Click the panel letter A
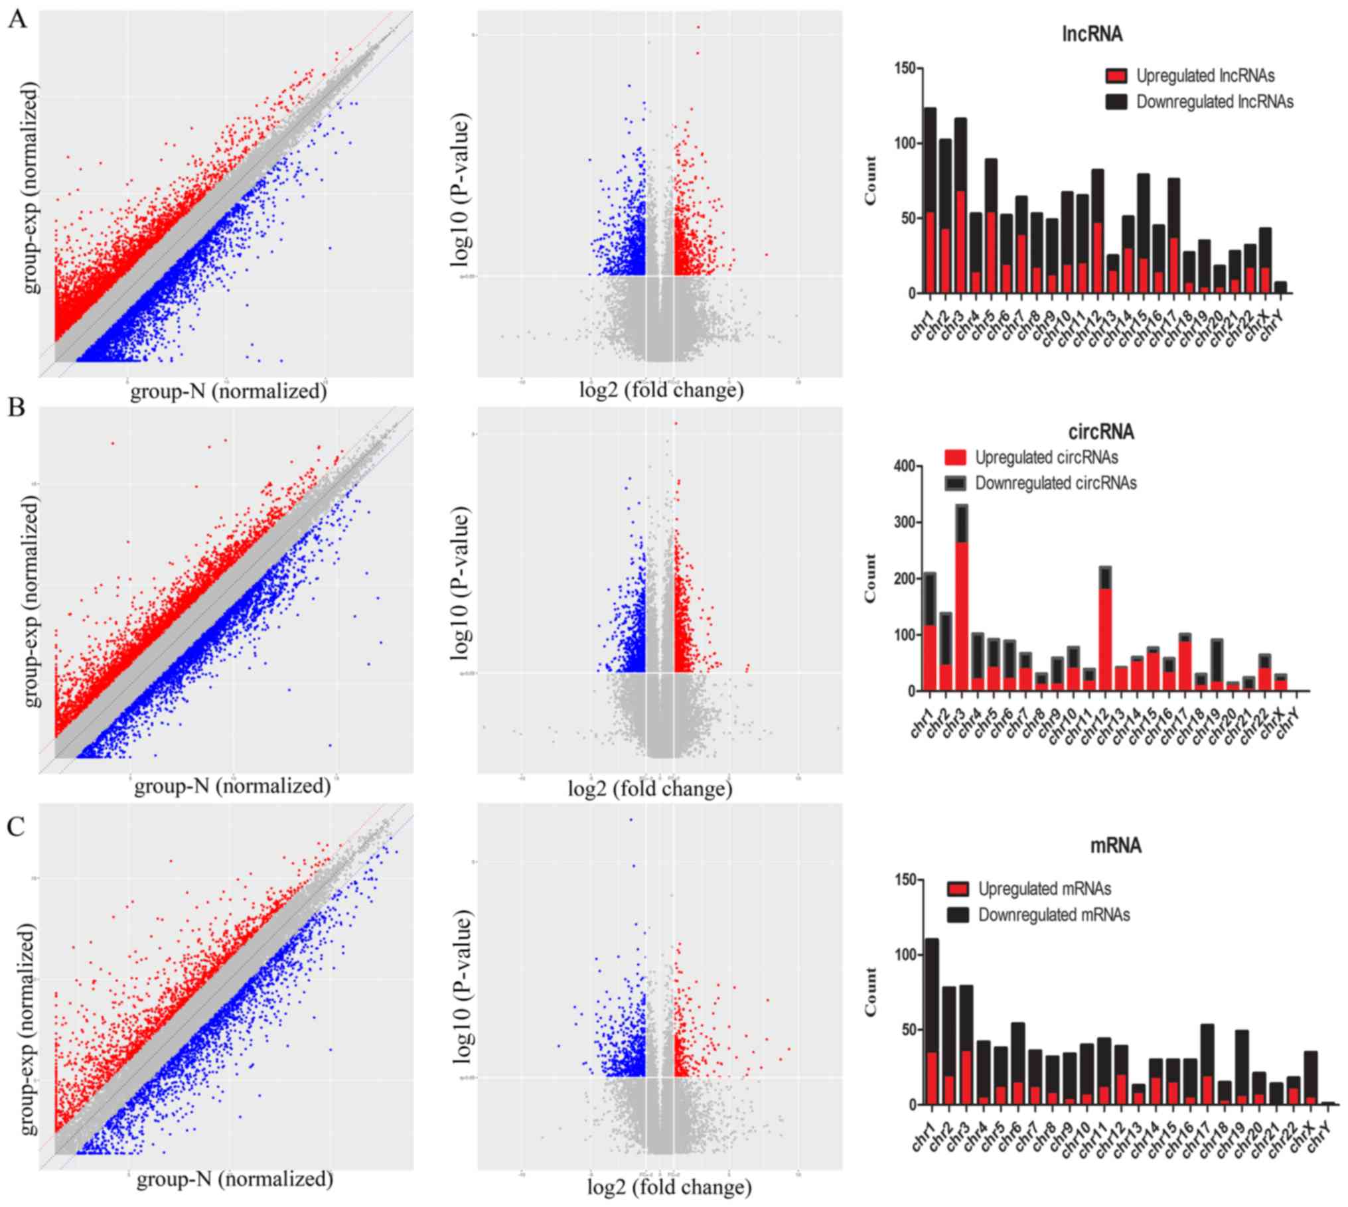(17, 20)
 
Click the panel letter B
(16, 407)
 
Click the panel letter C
(17, 827)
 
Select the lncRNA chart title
(1092, 35)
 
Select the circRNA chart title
(1100, 432)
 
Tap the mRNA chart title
(1115, 845)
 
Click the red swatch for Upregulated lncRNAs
(1116, 76)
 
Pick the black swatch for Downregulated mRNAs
(958, 915)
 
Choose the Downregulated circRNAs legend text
(1055, 483)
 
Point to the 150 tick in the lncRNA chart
(903, 68)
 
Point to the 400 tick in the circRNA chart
(903, 466)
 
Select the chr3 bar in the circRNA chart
(962, 597)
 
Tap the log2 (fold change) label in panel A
(661, 390)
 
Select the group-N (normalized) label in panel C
(234, 1178)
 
